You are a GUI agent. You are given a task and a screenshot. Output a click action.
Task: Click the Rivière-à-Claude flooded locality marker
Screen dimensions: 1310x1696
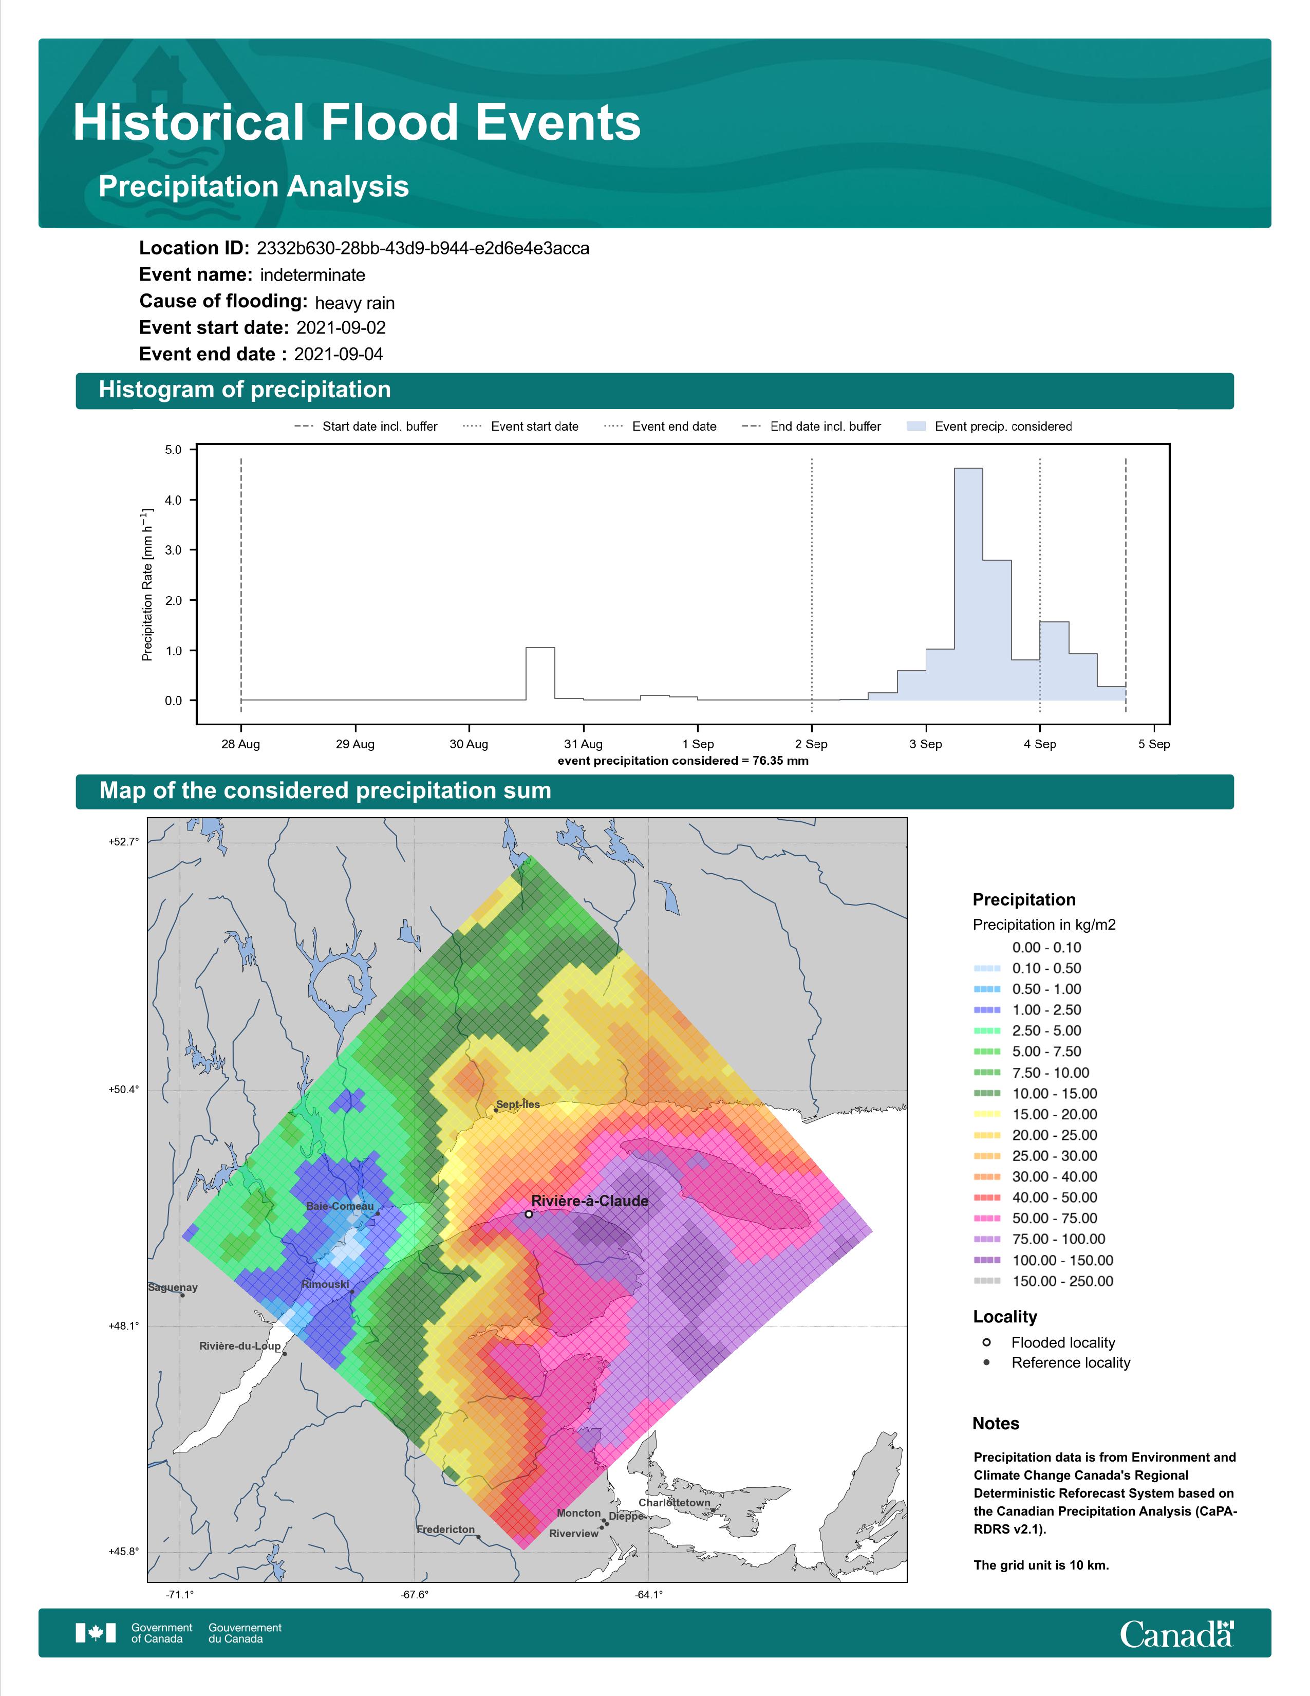[529, 1214]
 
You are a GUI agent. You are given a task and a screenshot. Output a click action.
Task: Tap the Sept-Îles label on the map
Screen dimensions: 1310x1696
[518, 1104]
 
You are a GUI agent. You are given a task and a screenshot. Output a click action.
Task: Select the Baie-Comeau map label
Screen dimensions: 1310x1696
[340, 1206]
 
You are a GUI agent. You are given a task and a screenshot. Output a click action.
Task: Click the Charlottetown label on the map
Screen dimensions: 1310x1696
[675, 1503]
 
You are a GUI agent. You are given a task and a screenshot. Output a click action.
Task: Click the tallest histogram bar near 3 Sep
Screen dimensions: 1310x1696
[968, 584]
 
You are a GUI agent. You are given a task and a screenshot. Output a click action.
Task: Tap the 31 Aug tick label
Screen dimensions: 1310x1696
[583, 744]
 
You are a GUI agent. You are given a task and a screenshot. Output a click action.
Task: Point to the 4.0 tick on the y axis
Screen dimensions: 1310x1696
[173, 500]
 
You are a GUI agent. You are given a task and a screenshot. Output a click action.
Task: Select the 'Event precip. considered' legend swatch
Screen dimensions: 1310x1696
[916, 427]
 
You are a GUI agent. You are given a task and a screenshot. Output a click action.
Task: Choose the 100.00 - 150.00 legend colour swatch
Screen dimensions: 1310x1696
[986, 1260]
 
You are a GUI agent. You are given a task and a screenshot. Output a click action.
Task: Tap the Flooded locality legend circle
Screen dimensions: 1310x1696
[986, 1342]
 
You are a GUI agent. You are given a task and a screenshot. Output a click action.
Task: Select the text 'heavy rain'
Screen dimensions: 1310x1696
[354, 303]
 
